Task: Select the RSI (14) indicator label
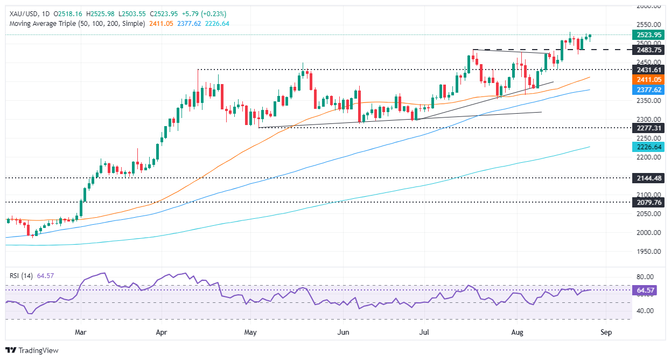[x=22, y=275]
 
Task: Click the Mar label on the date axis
[x=81, y=333]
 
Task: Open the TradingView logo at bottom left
[x=32, y=350]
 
